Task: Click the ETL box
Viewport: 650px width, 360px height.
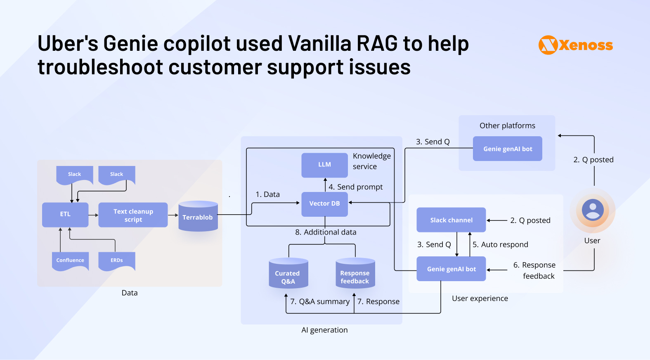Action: (65, 214)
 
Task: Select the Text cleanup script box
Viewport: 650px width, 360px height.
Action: (133, 215)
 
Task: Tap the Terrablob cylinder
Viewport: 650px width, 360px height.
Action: (198, 217)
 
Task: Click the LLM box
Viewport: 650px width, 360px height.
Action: (324, 165)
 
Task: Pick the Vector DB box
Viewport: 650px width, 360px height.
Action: (324, 204)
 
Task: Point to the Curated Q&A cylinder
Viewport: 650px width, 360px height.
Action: (288, 274)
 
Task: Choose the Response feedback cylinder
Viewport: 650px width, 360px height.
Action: (355, 274)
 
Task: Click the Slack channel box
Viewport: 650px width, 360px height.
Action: (451, 220)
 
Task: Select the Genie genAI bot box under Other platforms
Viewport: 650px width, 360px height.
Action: (507, 149)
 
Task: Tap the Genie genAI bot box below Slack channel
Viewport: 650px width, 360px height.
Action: (451, 269)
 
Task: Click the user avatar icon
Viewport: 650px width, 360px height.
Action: (593, 210)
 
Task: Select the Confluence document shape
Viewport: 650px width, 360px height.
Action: (70, 261)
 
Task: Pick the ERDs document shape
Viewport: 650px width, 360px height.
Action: (116, 261)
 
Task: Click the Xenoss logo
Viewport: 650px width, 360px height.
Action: (575, 45)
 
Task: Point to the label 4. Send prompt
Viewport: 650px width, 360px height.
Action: (355, 187)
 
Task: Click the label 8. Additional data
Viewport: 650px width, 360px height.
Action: (326, 232)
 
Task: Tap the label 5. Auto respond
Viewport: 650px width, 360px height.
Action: (500, 245)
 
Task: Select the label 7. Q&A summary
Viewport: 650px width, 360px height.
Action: (320, 302)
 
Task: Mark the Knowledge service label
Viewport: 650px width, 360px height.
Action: (371, 161)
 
